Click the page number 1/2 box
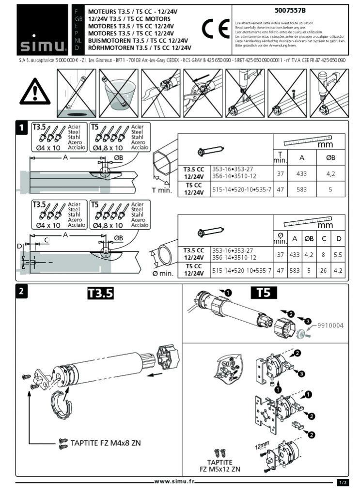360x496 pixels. pos(343,482)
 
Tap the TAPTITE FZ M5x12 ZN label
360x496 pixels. pos(220,465)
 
